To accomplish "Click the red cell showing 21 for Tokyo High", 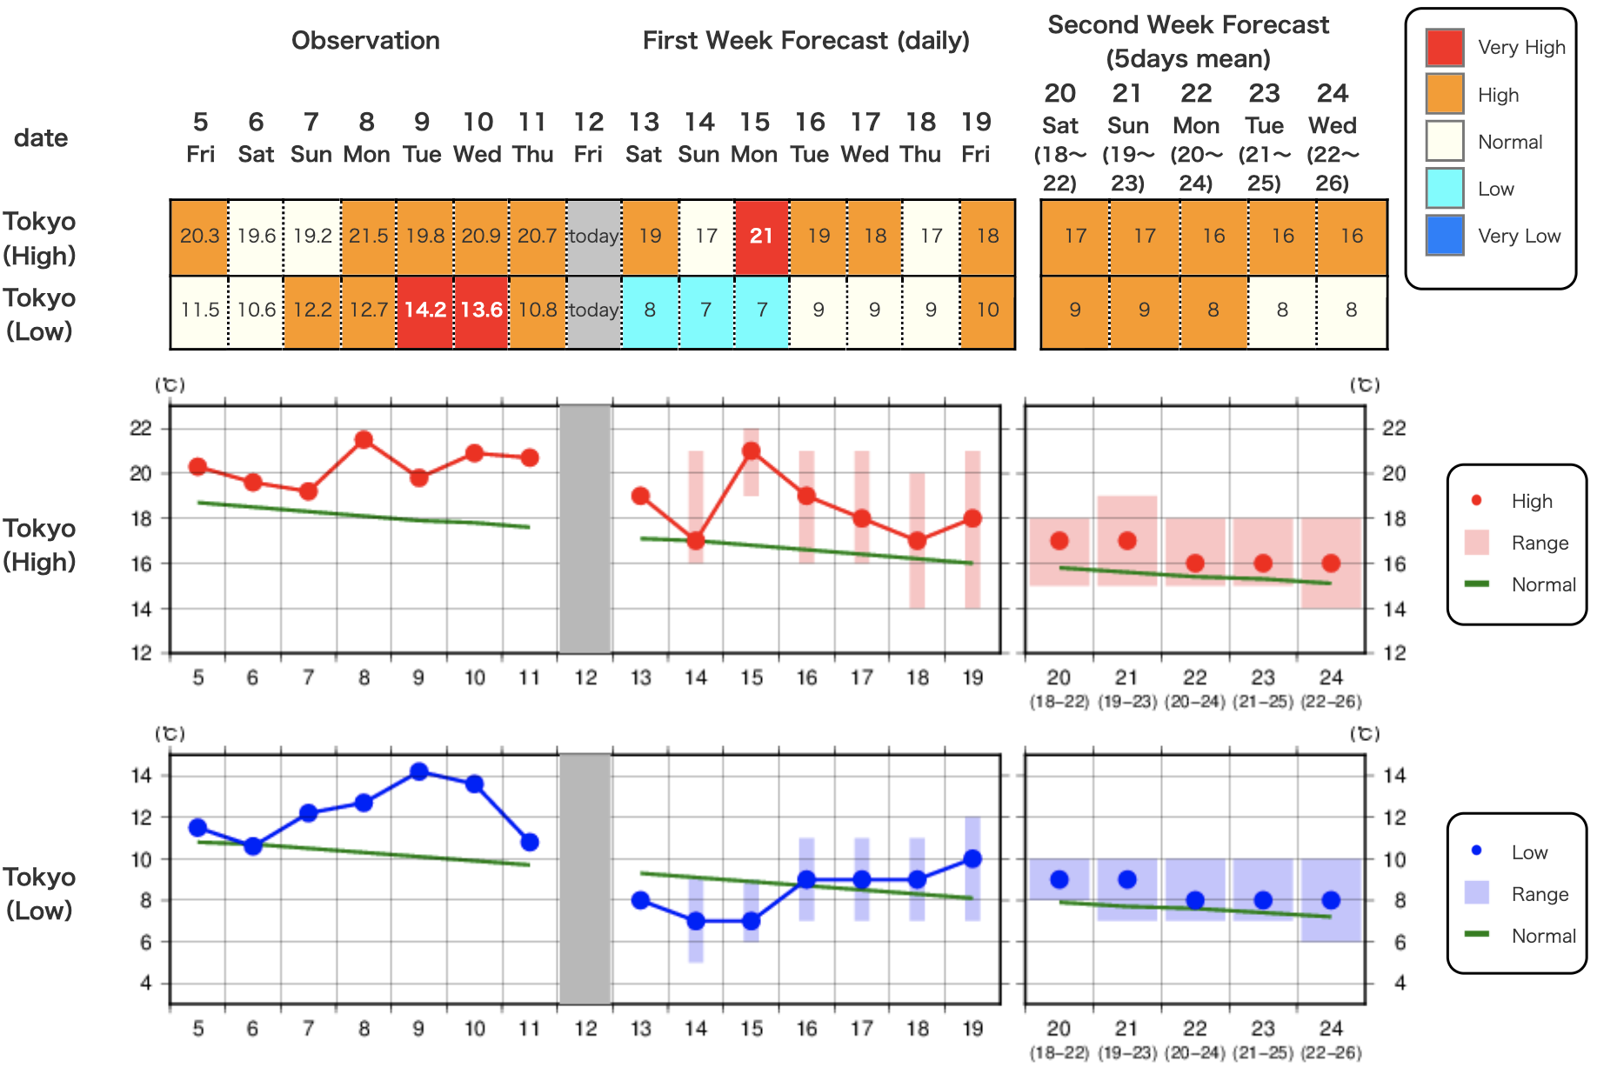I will [761, 237].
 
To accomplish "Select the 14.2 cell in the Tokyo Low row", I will [424, 310].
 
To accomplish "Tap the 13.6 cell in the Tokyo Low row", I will [481, 310].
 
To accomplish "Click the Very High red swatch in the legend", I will [1445, 47].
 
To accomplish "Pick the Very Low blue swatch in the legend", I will [1445, 236].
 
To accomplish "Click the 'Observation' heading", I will [365, 41].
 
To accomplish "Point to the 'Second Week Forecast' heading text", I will [1188, 25].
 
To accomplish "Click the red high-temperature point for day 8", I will [364, 440].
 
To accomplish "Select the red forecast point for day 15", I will [752, 451].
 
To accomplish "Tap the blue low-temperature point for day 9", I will [419, 771].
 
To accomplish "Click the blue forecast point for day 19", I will [972, 859].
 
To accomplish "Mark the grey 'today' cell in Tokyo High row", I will [593, 237].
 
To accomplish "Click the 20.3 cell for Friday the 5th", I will [199, 237].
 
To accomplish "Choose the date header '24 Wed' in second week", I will [1332, 109].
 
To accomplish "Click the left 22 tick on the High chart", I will [141, 429].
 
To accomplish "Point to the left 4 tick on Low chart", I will [145, 983].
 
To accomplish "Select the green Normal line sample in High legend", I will [1477, 584].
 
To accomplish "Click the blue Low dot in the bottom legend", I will [1476, 851].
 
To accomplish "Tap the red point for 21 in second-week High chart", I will [1127, 541].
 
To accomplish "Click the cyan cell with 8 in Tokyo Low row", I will [650, 310].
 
